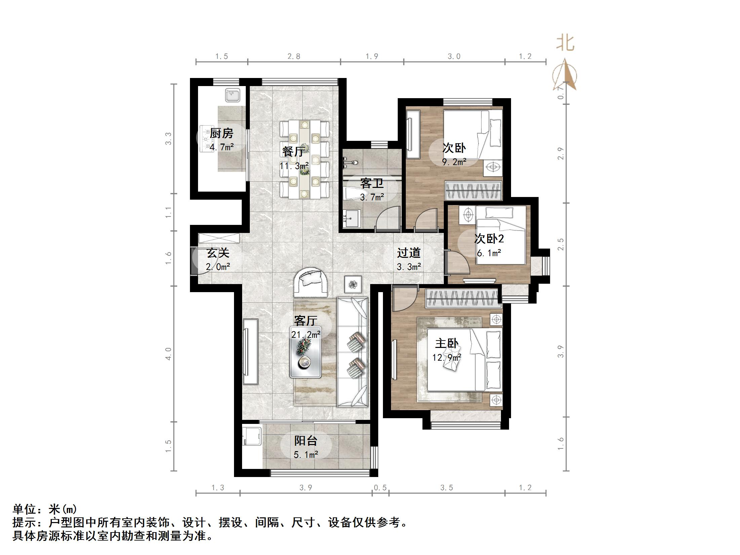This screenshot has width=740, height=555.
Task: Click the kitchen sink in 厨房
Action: (x=232, y=95)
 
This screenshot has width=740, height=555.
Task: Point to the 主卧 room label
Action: (x=446, y=343)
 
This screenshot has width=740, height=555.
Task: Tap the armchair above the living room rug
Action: (x=311, y=282)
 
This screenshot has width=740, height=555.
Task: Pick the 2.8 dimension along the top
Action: (x=294, y=56)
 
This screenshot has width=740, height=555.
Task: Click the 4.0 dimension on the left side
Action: (x=168, y=354)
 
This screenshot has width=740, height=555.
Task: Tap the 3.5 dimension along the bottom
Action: (x=446, y=487)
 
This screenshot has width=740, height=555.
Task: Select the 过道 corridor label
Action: (x=408, y=253)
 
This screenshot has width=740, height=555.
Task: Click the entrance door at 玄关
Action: (x=194, y=262)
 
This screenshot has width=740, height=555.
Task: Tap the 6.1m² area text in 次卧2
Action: (x=489, y=253)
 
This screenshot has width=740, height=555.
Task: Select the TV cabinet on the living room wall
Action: (x=250, y=352)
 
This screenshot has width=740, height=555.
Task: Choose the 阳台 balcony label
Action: (x=306, y=441)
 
